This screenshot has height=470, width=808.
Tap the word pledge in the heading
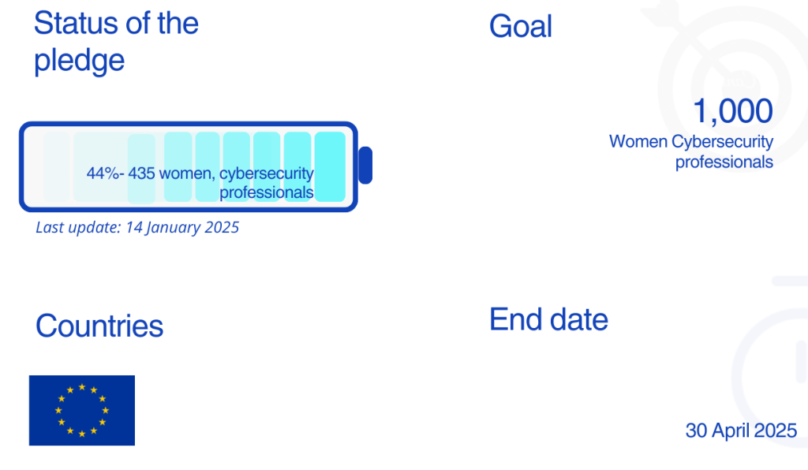(x=80, y=61)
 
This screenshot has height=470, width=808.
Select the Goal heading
(x=521, y=26)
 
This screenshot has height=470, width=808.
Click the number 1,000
(x=733, y=110)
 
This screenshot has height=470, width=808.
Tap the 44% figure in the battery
(x=103, y=173)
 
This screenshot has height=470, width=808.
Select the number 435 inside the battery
(x=141, y=173)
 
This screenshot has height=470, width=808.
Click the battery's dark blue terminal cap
(x=365, y=166)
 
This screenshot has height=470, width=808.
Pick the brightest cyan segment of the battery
(x=330, y=166)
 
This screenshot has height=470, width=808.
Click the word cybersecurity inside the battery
(x=267, y=174)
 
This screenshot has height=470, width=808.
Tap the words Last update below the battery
(x=77, y=227)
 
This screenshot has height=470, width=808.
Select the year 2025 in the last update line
(x=222, y=227)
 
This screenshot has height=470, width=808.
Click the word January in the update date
(x=173, y=228)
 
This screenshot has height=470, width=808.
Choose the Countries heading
(x=99, y=326)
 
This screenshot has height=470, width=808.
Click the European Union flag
(x=82, y=410)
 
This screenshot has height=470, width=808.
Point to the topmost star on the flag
(x=82, y=386)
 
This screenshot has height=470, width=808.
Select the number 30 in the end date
(x=696, y=431)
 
